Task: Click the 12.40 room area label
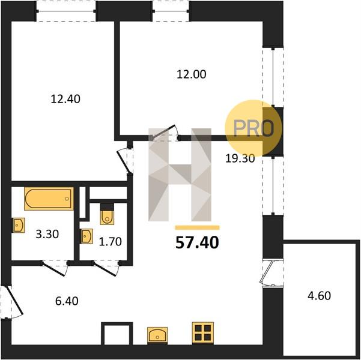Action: (x=65, y=99)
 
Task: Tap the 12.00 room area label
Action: (x=192, y=74)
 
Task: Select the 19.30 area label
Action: (x=240, y=158)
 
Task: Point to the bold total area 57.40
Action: (x=197, y=242)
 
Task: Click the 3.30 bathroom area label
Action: (x=47, y=234)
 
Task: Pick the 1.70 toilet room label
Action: (x=111, y=242)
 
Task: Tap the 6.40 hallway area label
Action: (x=67, y=301)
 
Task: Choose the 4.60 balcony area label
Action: (x=320, y=296)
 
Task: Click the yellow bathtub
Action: (x=49, y=199)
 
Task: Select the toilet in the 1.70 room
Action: (x=107, y=214)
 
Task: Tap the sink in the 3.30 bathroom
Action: (x=19, y=225)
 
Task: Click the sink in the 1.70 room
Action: (x=86, y=236)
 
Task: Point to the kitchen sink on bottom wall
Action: (x=157, y=335)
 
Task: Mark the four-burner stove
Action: (x=203, y=332)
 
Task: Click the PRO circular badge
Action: (x=253, y=128)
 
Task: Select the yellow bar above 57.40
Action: (x=197, y=228)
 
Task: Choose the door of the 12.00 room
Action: (x=163, y=133)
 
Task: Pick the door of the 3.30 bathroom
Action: (x=54, y=268)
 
